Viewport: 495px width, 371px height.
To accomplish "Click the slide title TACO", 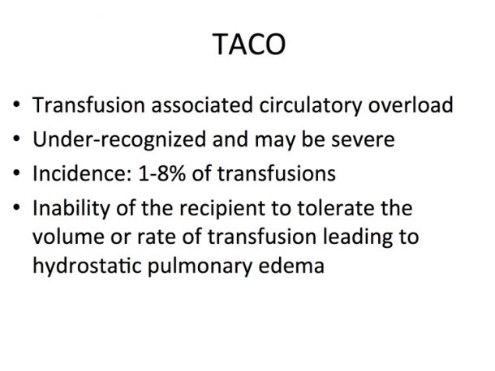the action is (x=249, y=44).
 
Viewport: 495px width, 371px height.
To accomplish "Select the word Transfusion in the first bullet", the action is (x=88, y=104).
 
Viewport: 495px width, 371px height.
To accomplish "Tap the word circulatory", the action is (x=310, y=106).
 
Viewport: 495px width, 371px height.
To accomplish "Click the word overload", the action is (x=411, y=104).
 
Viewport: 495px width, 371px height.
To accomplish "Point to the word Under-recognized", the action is (x=119, y=140).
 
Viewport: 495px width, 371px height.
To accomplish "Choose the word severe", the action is (x=363, y=140).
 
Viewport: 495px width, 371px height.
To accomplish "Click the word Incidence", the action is (x=82, y=173).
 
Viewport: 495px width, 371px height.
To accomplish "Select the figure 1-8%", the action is (x=162, y=173).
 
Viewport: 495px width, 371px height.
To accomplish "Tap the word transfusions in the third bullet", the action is (x=277, y=173).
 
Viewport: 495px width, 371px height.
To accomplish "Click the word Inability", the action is (x=71, y=209).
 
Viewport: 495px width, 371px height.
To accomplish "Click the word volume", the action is (x=68, y=237).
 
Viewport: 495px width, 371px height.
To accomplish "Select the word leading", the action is (x=358, y=237).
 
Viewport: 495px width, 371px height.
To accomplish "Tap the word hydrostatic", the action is (x=87, y=266).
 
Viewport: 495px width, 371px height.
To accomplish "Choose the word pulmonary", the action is (x=200, y=266).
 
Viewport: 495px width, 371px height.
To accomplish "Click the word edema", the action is (x=291, y=265).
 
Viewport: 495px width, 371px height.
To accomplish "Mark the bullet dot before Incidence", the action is (x=16, y=173).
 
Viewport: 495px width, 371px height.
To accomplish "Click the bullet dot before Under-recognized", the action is (x=16, y=139).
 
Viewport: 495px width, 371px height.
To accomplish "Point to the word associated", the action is (x=202, y=104).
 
